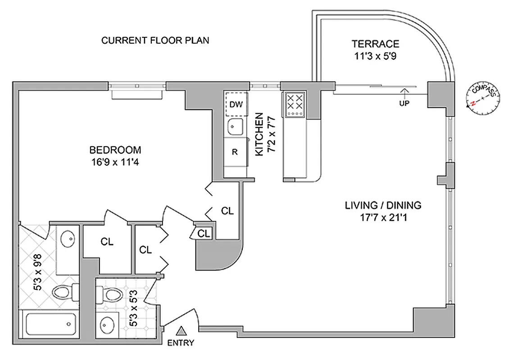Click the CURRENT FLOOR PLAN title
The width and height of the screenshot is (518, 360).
coord(155,41)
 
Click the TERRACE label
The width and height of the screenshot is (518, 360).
coord(375,44)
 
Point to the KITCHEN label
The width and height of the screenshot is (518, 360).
coord(259,135)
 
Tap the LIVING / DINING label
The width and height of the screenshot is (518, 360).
coord(383,206)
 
